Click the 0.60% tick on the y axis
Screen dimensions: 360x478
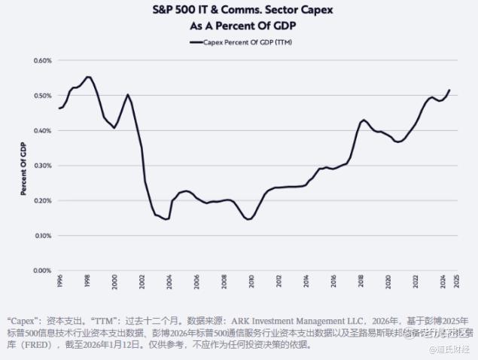pos(41,60)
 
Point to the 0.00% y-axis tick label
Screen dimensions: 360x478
pos(41,270)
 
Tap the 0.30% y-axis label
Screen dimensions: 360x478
pos(41,166)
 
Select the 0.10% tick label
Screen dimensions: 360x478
pos(41,236)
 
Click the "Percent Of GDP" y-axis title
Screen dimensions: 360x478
pos(24,166)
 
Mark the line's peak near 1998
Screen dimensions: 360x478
pos(88,77)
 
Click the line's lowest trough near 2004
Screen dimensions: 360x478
pos(166,219)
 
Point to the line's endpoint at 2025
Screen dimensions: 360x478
pos(449,90)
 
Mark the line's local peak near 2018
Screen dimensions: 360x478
pos(364,120)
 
